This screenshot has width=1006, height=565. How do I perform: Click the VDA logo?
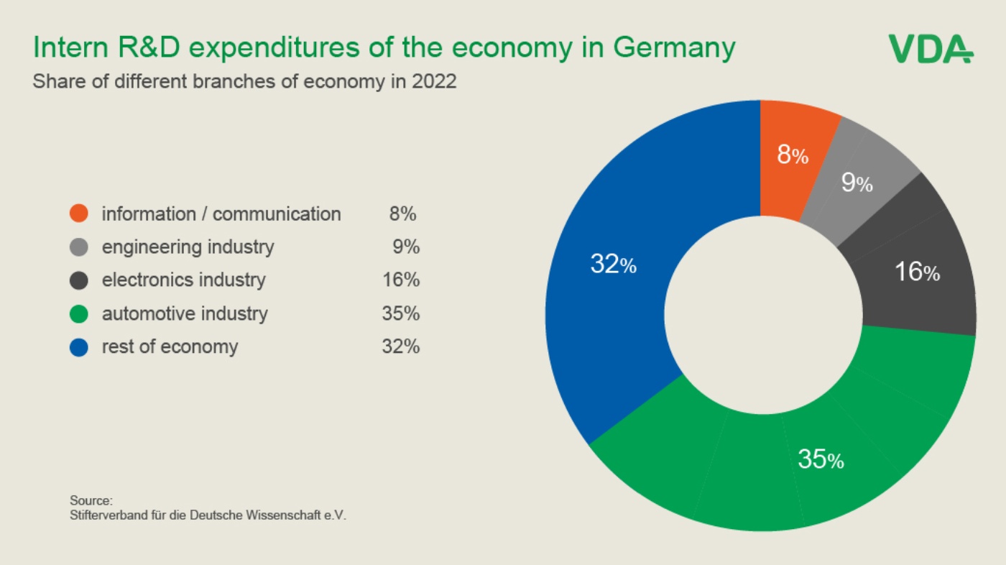(931, 48)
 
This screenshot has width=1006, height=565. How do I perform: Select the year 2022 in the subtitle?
(434, 81)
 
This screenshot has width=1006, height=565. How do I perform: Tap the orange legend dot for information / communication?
(79, 213)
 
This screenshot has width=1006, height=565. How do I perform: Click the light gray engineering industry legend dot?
(79, 247)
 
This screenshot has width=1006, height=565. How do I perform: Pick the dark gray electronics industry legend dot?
(79, 280)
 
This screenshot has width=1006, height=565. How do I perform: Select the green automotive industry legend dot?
(79, 314)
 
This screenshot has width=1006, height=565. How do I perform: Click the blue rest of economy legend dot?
(79, 347)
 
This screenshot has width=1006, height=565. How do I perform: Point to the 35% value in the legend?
(400, 314)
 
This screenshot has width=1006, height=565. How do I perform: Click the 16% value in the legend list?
(400, 280)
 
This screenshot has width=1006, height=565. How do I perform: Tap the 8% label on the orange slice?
(793, 155)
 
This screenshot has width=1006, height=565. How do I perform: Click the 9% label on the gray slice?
(857, 183)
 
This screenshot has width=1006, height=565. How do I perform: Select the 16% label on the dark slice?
(917, 272)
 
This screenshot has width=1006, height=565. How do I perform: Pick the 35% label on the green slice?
(821, 460)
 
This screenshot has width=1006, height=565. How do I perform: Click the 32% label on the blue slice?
(613, 265)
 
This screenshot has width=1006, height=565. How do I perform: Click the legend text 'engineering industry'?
(188, 247)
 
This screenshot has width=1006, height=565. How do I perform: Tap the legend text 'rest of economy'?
(170, 347)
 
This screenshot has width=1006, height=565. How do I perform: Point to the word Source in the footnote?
(91, 500)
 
